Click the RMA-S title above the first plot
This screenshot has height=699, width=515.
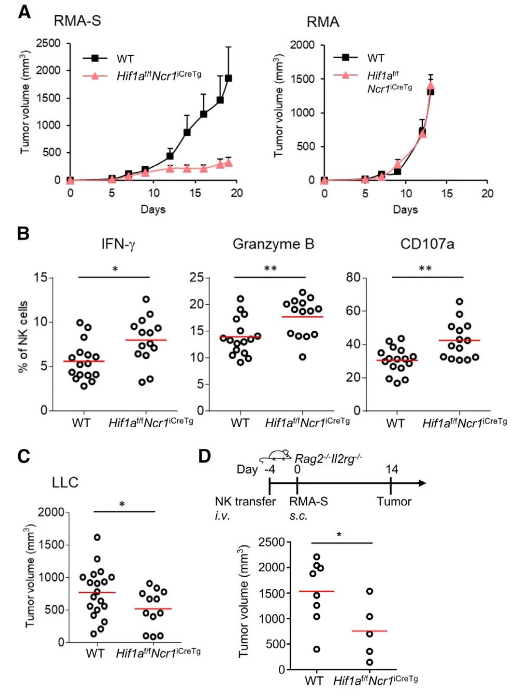[77, 21]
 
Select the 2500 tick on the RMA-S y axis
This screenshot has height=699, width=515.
[48, 43]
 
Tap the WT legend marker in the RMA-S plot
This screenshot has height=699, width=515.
[95, 58]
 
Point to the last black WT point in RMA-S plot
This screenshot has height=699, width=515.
[228, 78]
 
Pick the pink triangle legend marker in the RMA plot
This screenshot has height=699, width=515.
[345, 75]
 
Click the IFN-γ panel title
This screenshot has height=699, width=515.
[118, 244]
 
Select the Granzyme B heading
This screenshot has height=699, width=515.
[273, 244]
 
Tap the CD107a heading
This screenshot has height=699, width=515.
[427, 244]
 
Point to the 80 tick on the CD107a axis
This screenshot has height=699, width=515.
[353, 277]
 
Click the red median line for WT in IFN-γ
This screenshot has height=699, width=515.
[84, 361]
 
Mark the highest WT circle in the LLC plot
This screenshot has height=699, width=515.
[97, 537]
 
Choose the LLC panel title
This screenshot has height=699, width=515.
[65, 482]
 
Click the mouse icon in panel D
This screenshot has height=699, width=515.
[276, 456]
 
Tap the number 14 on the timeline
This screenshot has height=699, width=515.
[392, 469]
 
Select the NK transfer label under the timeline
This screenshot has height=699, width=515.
[245, 501]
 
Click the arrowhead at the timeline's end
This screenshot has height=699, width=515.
[422, 483]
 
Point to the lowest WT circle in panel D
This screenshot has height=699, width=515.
[316, 649]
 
